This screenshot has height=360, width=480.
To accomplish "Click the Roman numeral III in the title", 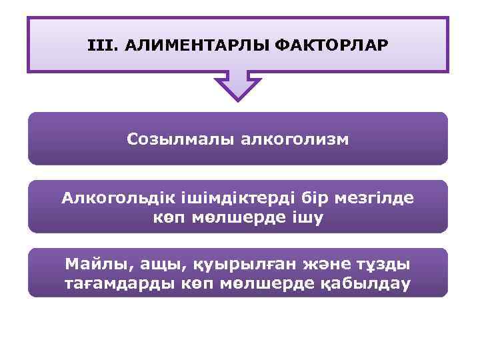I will click(x=97, y=46).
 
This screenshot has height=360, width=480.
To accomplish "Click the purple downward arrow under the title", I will click(x=238, y=85).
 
